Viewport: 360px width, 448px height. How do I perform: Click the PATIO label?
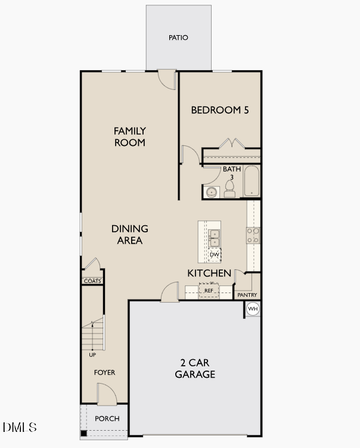pos(178,38)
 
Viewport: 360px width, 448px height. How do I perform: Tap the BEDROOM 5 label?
pos(219,110)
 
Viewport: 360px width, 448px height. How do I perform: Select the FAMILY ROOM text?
pos(130,136)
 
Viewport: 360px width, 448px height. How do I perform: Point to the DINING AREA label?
pos(130,234)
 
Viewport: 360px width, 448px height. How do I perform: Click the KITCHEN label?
pos(209,273)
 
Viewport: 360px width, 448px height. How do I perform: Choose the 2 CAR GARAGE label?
pos(195,368)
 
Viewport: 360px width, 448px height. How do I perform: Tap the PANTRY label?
pos(247,295)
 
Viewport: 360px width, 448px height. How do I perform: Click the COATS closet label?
pos(92,281)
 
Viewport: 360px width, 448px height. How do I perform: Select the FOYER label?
pos(104,372)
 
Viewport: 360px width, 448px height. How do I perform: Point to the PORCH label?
pos(107,418)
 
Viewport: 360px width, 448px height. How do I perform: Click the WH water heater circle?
pos(253,309)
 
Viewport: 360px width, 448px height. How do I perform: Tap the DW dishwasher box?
pos(215,255)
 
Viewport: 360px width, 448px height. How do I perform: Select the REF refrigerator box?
pos(209,291)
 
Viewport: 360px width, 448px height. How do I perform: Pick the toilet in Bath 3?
pos(229,189)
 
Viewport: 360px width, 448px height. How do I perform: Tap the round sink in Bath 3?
pos(211,192)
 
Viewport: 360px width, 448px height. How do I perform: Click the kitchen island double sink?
pos(214,237)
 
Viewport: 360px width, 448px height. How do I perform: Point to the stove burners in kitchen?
pos(253,235)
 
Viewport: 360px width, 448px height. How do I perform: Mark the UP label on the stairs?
pos(92,355)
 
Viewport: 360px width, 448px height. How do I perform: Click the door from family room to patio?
pos(167,80)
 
